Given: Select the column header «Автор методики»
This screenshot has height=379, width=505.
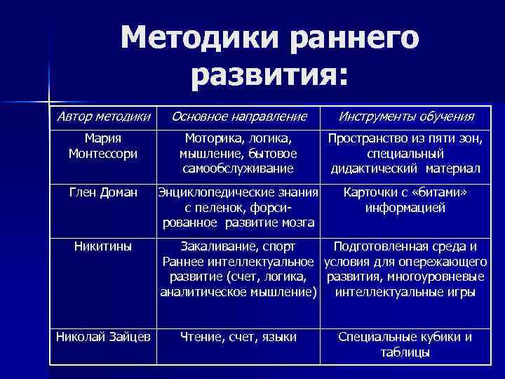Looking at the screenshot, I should [103, 116].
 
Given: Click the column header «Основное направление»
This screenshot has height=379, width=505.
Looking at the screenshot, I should [239, 116].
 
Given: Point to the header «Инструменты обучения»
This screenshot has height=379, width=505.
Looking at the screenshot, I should [406, 116].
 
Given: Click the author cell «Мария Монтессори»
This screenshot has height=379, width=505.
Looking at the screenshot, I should [103, 145].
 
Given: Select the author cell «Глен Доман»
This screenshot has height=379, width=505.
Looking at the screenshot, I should [103, 192].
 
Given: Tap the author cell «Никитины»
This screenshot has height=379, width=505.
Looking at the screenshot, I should [103, 246].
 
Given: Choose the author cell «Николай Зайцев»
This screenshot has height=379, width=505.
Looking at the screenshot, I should [103, 337].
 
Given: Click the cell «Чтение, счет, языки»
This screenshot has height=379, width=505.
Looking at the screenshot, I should [238, 337].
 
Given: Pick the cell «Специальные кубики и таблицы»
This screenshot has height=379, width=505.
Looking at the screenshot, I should [405, 344].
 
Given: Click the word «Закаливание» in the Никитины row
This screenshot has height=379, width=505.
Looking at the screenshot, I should [216, 246].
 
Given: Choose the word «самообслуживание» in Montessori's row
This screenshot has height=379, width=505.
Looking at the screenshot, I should [238, 168].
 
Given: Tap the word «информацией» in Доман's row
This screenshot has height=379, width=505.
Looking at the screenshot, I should [405, 208].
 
